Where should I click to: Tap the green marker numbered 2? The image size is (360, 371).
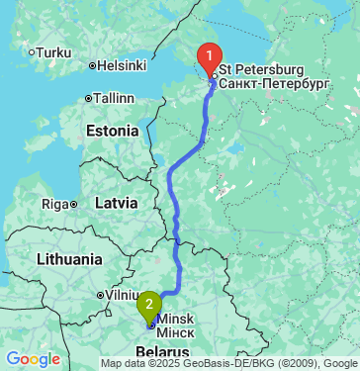pyautogui.click(x=148, y=304)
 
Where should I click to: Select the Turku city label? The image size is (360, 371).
pyautogui.click(x=53, y=51)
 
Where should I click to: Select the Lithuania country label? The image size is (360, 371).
pyautogui.click(x=68, y=259)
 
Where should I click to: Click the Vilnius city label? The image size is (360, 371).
pyautogui.click(x=121, y=295)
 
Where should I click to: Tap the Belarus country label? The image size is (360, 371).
pyautogui.click(x=161, y=353)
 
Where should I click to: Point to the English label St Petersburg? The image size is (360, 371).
pyautogui.click(x=261, y=70)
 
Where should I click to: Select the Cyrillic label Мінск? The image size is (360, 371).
pyautogui.click(x=176, y=332)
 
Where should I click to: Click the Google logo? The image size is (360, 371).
pyautogui.click(x=33, y=358)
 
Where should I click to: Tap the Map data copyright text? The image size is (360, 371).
pyautogui.click(x=228, y=364)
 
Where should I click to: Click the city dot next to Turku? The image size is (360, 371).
pyautogui.click(x=32, y=51)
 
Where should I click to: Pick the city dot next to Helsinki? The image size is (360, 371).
pyautogui.click(x=92, y=66)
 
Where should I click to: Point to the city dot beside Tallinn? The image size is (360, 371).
pyautogui.click(x=89, y=98)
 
